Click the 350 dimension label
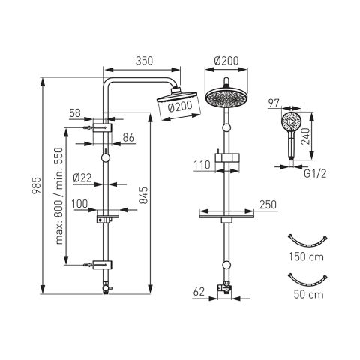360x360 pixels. pos(144,61)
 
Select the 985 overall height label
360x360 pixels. pos(37,185)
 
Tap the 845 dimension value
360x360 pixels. pos(143,195)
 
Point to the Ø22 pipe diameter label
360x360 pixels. pos(82,178)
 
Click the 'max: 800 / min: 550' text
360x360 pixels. pos(59,196)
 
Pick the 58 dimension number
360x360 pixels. pos(75,113)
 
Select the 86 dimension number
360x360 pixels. pos(128,138)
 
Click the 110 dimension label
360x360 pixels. pos(202,165)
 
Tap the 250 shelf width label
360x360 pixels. pos(268,205)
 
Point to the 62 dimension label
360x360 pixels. pos(199,292)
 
